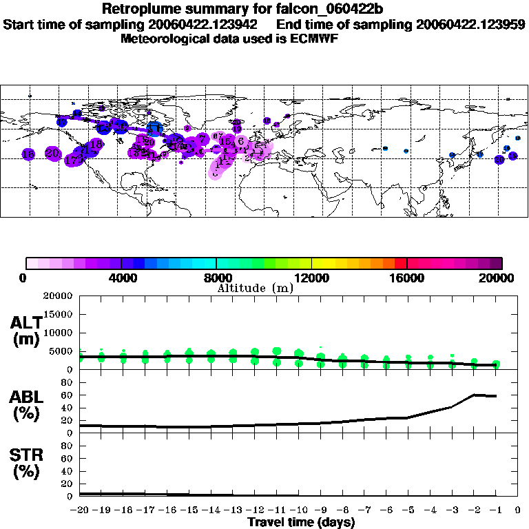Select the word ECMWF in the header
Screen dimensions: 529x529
(315, 39)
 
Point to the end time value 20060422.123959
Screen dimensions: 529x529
(470, 24)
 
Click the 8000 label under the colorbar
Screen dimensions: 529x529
(217, 278)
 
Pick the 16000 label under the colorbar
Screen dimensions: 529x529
(408, 278)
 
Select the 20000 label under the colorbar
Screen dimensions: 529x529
(501, 278)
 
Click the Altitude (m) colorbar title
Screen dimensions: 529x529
(255, 288)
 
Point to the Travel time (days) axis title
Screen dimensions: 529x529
(301, 523)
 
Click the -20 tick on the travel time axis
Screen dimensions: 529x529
(80, 510)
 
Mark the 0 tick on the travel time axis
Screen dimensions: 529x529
(517, 510)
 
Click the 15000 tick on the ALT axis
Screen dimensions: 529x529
(60, 314)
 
